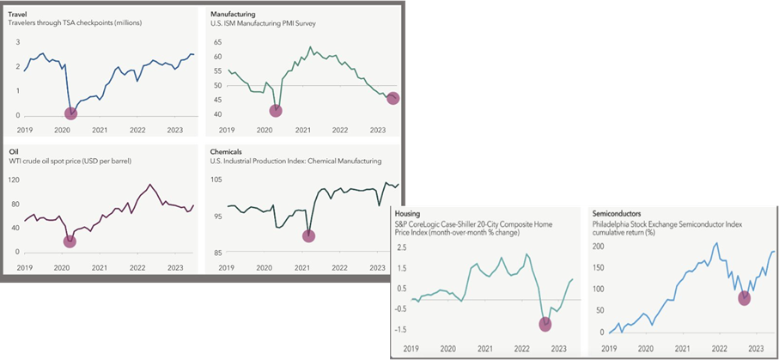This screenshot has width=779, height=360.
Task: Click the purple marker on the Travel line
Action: click(70, 113)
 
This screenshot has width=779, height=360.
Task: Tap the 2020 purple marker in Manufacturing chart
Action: click(276, 110)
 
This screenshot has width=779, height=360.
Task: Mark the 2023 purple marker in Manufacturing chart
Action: click(393, 99)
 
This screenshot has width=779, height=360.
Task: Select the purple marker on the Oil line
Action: click(70, 241)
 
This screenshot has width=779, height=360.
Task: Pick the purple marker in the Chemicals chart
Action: click(309, 236)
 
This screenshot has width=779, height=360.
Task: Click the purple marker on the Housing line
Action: click(544, 324)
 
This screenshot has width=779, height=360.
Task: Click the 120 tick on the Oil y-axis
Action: click(14, 180)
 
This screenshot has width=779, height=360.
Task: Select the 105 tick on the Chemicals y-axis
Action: click(217, 180)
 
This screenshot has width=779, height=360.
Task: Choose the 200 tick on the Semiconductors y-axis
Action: click(599, 247)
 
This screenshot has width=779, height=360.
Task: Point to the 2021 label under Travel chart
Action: click(100, 130)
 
